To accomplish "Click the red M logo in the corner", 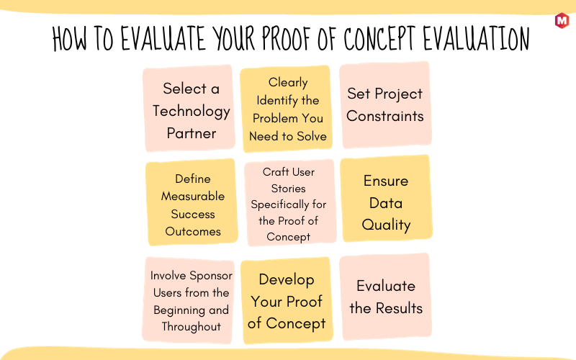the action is coord(562,21).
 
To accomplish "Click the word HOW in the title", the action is coord(70,38).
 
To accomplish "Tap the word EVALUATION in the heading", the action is coord(476,38).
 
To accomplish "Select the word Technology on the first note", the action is coord(192,112).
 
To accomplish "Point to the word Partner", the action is coord(192,133).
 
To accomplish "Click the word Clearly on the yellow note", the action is coord(288,82).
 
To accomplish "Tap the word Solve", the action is coord(312,136).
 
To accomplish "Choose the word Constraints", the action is coord(385,116).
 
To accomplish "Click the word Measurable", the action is coord(193,196).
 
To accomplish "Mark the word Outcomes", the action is coord(193,231).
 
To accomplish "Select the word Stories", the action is coord(289,189).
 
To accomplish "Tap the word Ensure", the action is coord(386,181).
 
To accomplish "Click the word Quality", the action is coord(386,225).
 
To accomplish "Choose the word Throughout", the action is coord(192,326).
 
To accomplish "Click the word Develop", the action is coord(287,280).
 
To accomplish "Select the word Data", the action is coord(386,203).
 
